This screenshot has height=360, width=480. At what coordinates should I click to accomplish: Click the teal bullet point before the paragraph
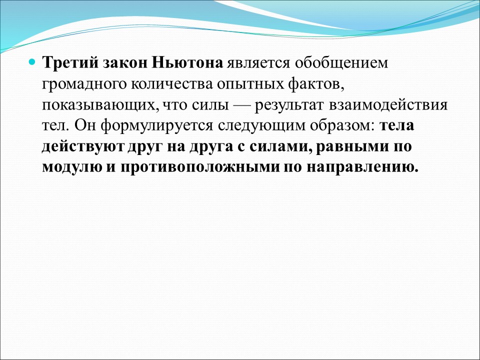(32, 63)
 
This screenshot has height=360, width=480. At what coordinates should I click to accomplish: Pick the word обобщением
(340, 64)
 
